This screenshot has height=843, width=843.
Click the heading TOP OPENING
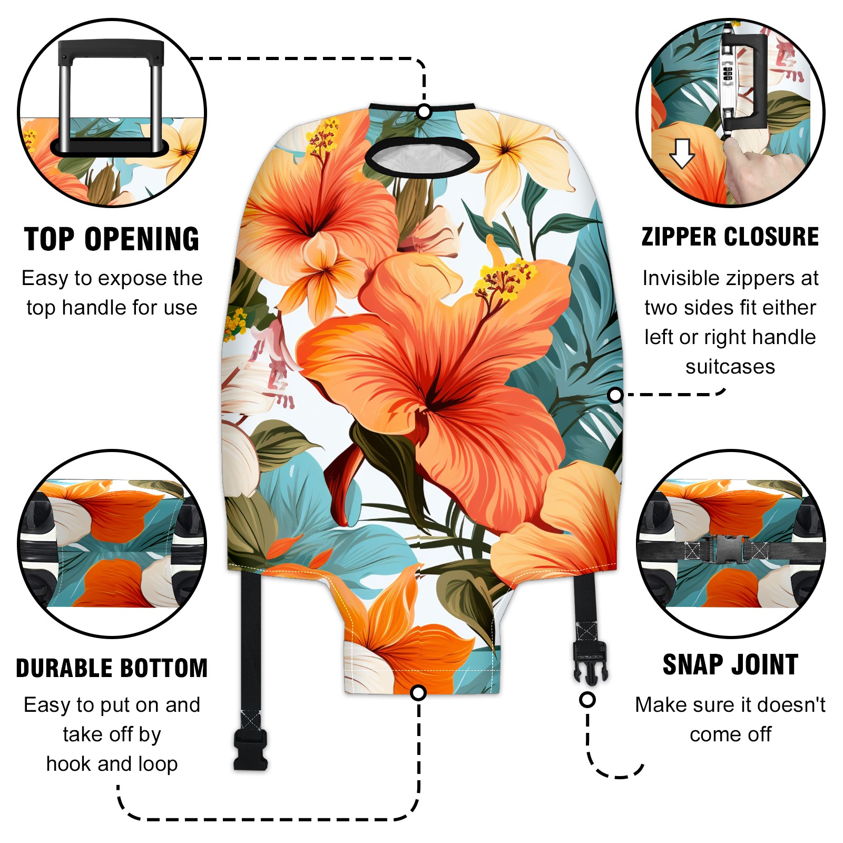[x=112, y=239]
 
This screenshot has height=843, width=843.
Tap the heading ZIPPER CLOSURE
[x=730, y=237]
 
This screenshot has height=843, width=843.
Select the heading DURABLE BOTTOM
[x=112, y=668]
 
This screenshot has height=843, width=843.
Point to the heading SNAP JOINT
[x=730, y=664]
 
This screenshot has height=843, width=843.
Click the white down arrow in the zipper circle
[x=682, y=153]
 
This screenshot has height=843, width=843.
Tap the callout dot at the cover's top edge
[x=424, y=112]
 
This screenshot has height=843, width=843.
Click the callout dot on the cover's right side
[x=615, y=395]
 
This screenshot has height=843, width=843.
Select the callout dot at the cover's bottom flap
[x=418, y=692]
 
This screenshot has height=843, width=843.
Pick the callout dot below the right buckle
[x=587, y=700]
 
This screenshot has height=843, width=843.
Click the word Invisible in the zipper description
[x=676, y=278]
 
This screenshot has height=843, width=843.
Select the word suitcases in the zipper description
[x=730, y=366]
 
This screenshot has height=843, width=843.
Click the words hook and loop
[x=112, y=763]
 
